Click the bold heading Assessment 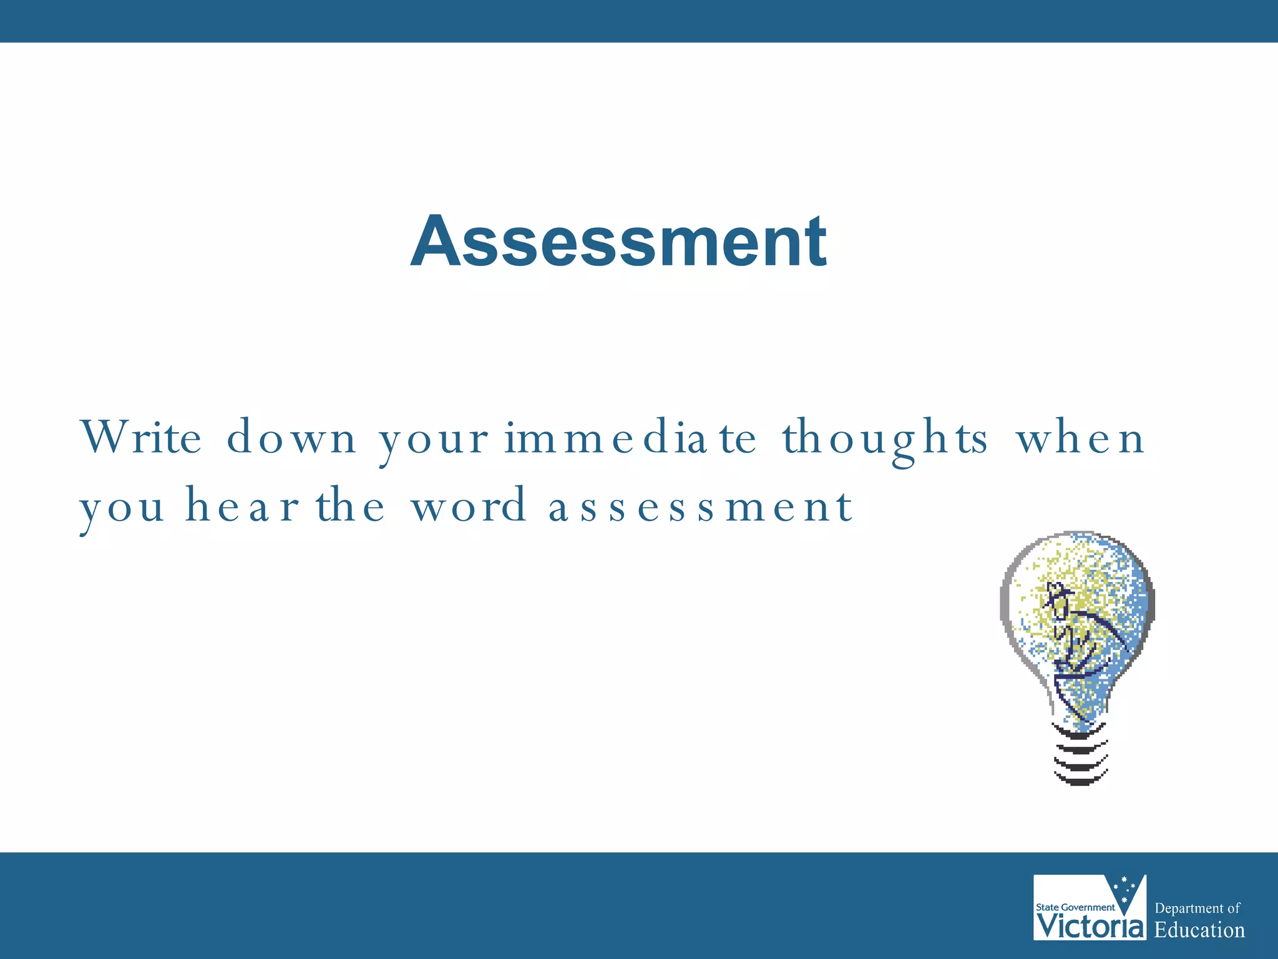click(x=618, y=242)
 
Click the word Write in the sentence click(x=141, y=437)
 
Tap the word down click(x=291, y=437)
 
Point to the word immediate click(x=630, y=437)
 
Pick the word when click(x=1081, y=437)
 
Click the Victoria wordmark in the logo click(x=1090, y=926)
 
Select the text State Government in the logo click(x=1075, y=907)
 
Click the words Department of click(x=1197, y=908)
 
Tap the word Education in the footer click(x=1199, y=930)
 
